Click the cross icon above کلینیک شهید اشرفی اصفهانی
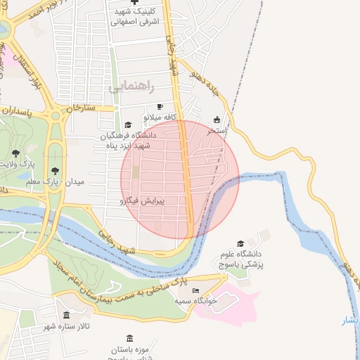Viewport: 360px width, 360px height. [134, 4]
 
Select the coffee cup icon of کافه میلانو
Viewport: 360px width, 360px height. [160, 106]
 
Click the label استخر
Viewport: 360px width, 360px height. [216, 131]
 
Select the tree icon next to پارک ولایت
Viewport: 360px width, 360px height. [16, 153]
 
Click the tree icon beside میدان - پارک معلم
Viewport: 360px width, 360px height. [55, 169]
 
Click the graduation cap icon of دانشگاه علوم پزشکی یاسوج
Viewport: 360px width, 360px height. [240, 243]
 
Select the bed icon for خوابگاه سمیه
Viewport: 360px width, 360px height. [195, 290]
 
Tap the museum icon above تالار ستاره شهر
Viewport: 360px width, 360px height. [66, 316]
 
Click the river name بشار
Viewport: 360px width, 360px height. [349, 321]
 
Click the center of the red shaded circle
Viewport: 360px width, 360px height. [180, 179]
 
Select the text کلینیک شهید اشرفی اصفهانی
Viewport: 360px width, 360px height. [134, 17]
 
